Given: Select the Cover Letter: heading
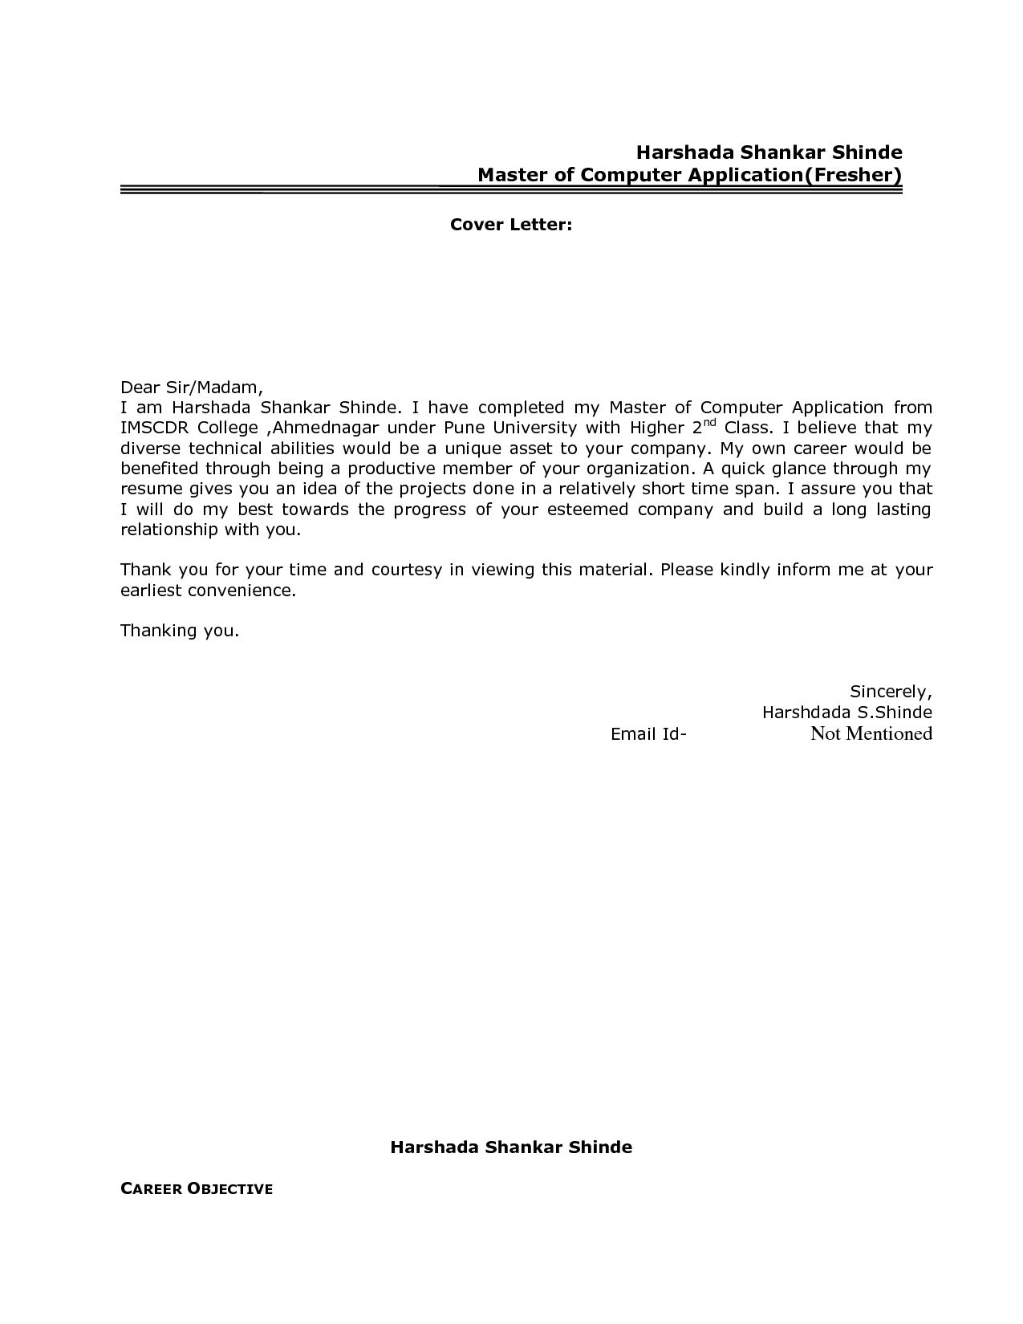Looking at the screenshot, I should pyautogui.click(x=511, y=225).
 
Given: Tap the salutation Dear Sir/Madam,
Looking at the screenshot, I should pyautogui.click(x=192, y=387).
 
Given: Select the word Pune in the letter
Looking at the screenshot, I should pyautogui.click(x=465, y=428).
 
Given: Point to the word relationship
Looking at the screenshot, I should pyautogui.click(x=168, y=530).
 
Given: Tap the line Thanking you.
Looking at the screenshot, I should pyautogui.click(x=180, y=631).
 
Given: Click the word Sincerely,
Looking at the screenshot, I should pyautogui.click(x=890, y=692).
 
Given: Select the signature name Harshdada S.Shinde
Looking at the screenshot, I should pyautogui.click(x=846, y=713).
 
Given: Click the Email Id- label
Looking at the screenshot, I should pyautogui.click(x=648, y=733).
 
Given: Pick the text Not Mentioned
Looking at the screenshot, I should pyautogui.click(x=871, y=733).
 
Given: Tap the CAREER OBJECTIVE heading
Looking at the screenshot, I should pyautogui.click(x=197, y=1189).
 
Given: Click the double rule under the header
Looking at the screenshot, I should pyautogui.click(x=511, y=190).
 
